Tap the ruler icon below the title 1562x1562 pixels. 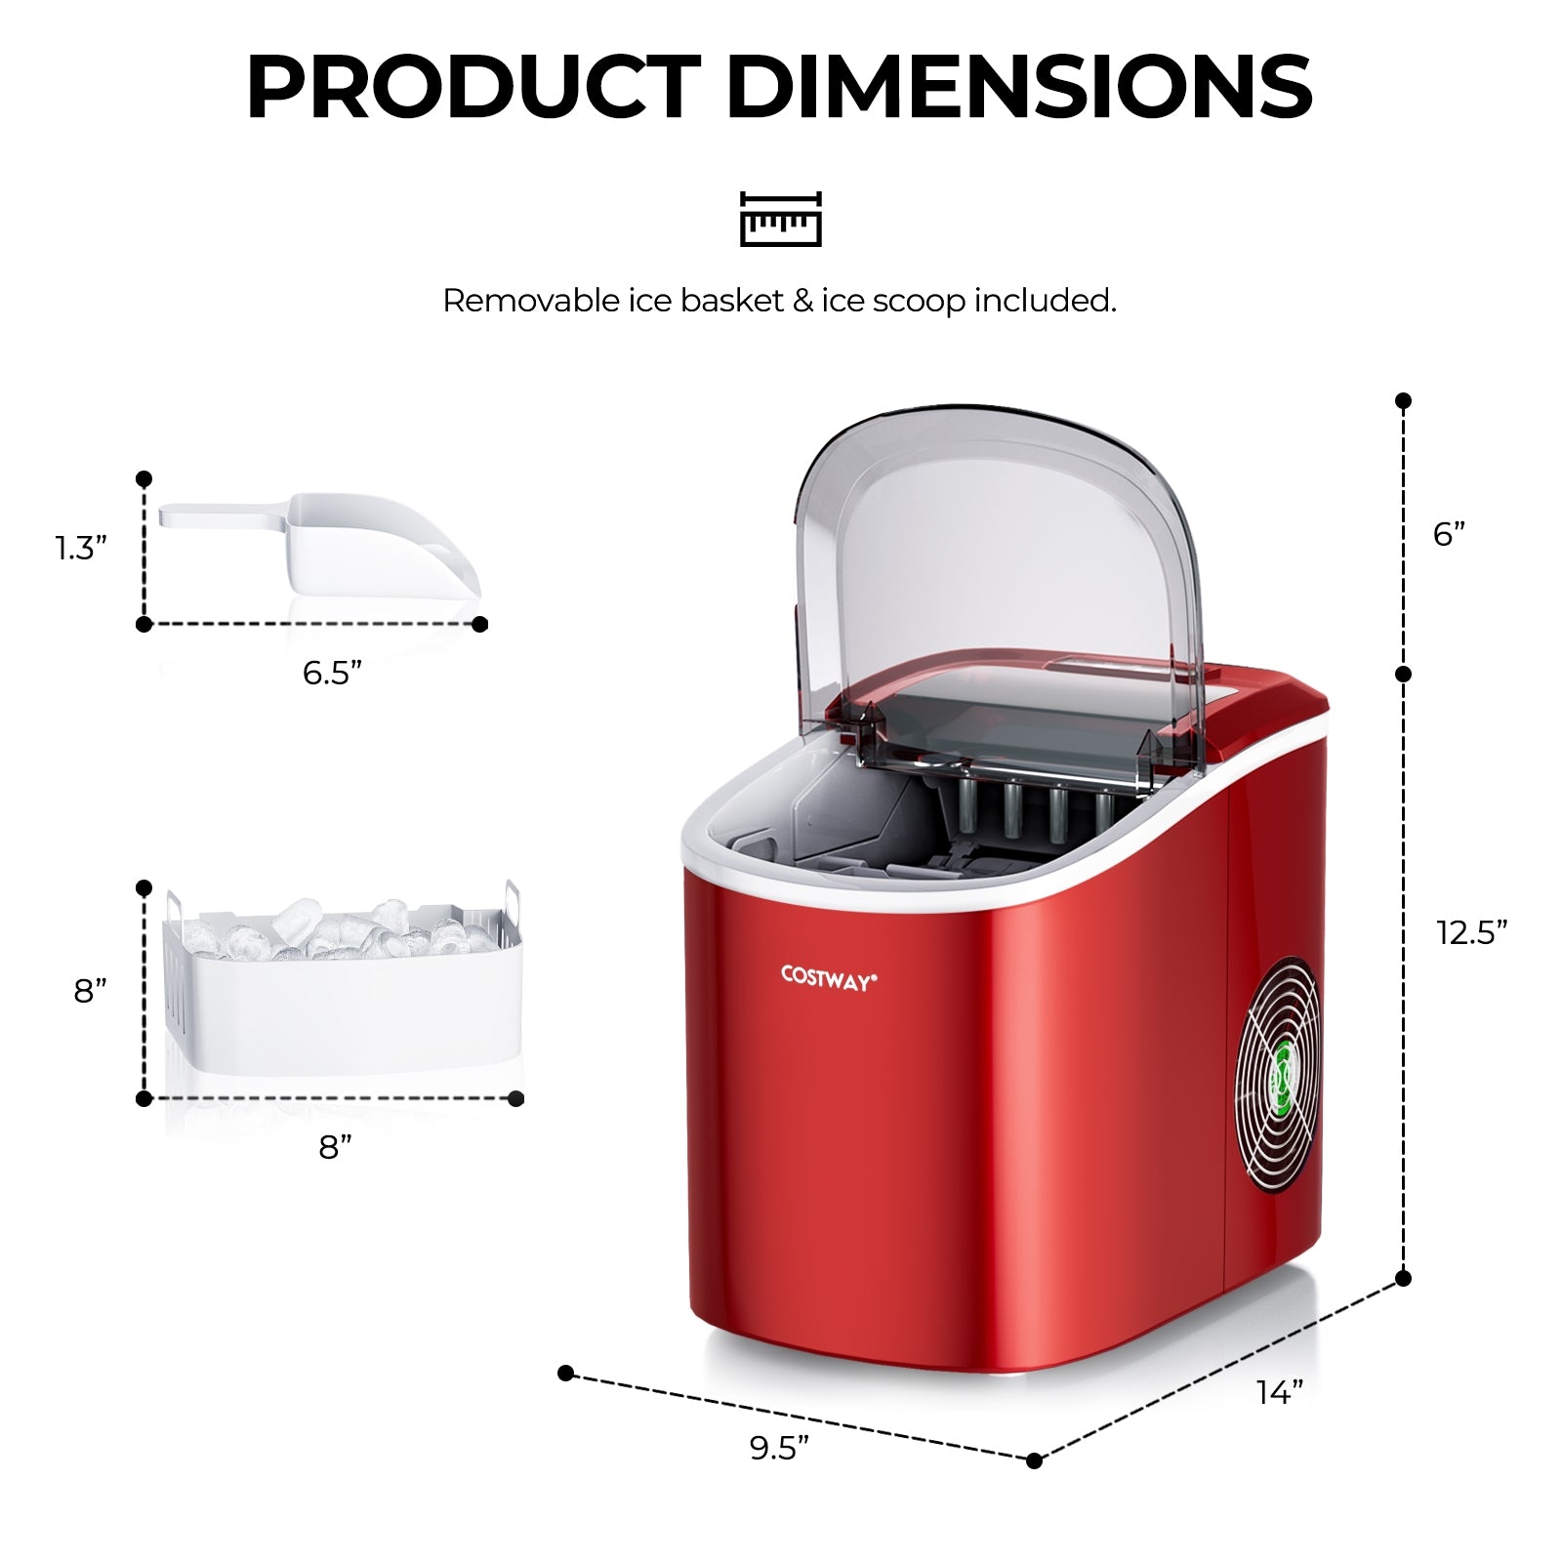[780, 219]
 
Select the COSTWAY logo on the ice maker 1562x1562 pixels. [829, 978]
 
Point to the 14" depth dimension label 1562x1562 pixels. [1279, 1392]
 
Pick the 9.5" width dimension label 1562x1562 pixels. [779, 1448]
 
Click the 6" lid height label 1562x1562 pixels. [1449, 534]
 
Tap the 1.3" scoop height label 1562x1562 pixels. [80, 549]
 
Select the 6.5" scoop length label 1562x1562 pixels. [332, 673]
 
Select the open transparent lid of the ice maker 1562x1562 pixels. [996, 566]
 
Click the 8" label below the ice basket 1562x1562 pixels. [335, 1147]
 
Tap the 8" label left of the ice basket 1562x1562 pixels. [90, 991]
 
